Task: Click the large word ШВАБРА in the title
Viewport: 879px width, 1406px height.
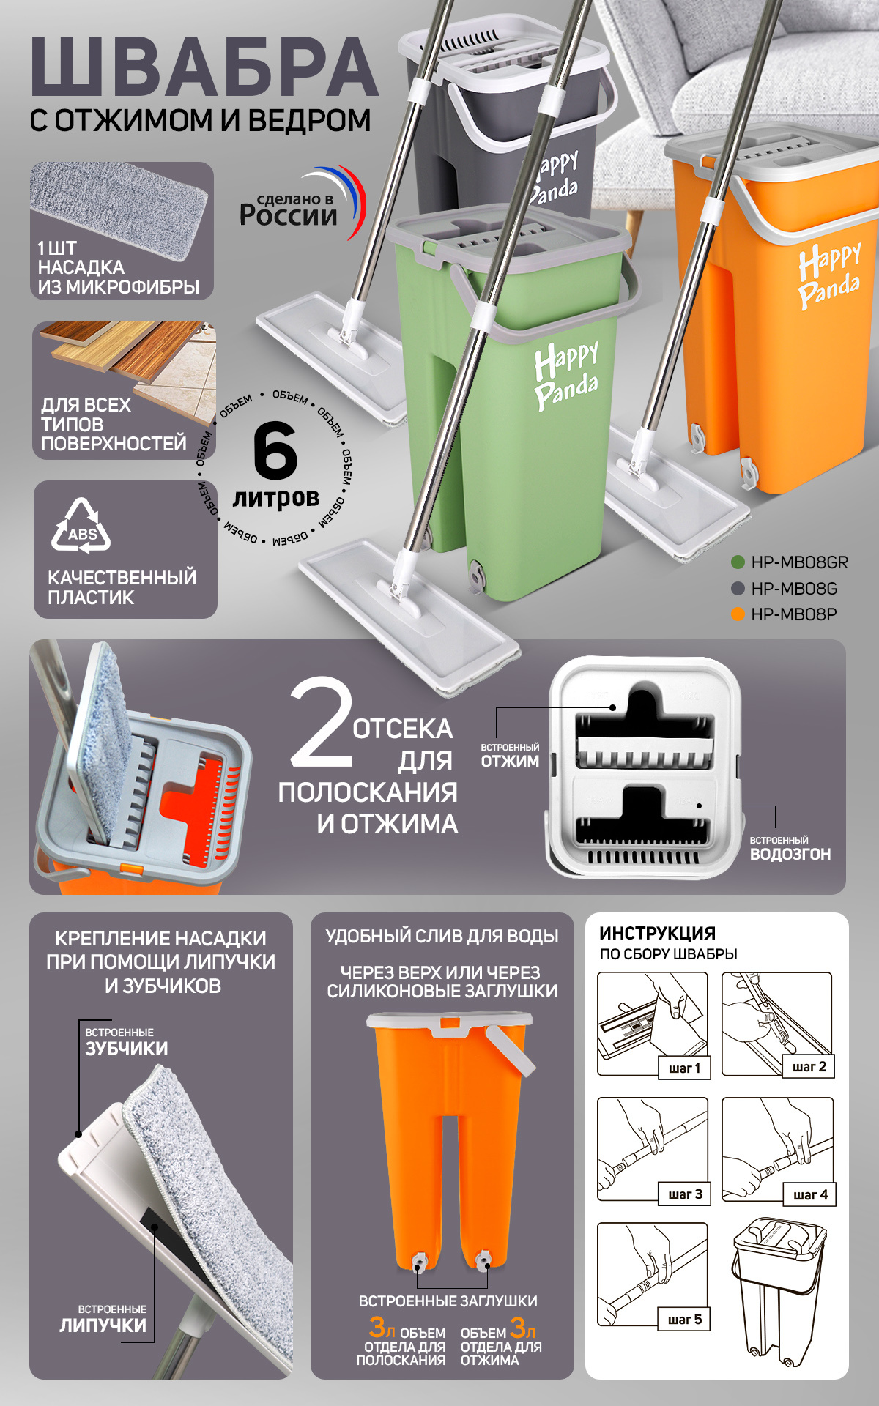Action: [204, 67]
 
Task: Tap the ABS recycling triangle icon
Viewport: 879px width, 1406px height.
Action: [81, 525]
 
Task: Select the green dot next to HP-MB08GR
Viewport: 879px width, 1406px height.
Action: [738, 562]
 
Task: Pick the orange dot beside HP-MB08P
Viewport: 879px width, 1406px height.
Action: [738, 614]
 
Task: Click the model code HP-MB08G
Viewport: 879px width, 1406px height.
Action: [794, 589]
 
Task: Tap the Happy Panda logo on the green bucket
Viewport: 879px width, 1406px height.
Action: [566, 374]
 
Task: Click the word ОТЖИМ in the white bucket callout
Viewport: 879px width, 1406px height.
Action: [510, 762]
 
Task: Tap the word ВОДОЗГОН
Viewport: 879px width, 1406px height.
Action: [790, 854]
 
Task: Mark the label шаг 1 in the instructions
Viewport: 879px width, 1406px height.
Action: [685, 1068]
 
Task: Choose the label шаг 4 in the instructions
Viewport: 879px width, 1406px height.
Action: [810, 1195]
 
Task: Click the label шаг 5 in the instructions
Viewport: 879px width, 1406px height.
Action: [685, 1320]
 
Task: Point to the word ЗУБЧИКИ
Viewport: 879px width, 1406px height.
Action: [127, 1049]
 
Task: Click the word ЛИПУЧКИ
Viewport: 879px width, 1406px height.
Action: [103, 1325]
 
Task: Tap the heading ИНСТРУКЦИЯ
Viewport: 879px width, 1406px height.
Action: [657, 933]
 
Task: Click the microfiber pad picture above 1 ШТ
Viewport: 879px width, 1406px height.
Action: [120, 209]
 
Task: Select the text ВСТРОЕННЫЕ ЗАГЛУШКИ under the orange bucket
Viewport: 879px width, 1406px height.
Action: [448, 1301]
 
